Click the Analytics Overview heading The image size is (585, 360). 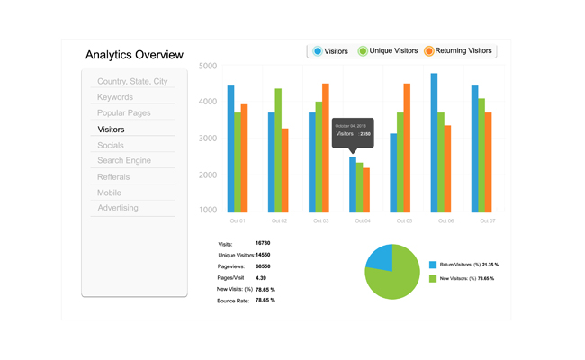[x=134, y=55]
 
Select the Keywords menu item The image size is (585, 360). [x=115, y=97]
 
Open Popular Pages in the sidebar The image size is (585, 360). [x=124, y=113]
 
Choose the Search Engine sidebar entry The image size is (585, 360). [x=124, y=161]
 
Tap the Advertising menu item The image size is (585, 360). [x=118, y=208]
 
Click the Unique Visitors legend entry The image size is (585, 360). [x=387, y=51]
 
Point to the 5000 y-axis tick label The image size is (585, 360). [x=207, y=67]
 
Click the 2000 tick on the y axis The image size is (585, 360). [x=207, y=175]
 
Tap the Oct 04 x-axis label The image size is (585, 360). [x=361, y=220]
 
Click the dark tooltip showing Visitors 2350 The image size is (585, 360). [x=354, y=132]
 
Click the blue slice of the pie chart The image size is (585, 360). [x=382, y=257]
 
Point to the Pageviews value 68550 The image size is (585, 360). [x=264, y=266]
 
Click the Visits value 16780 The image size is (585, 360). [x=264, y=243]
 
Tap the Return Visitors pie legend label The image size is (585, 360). [x=463, y=265]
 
